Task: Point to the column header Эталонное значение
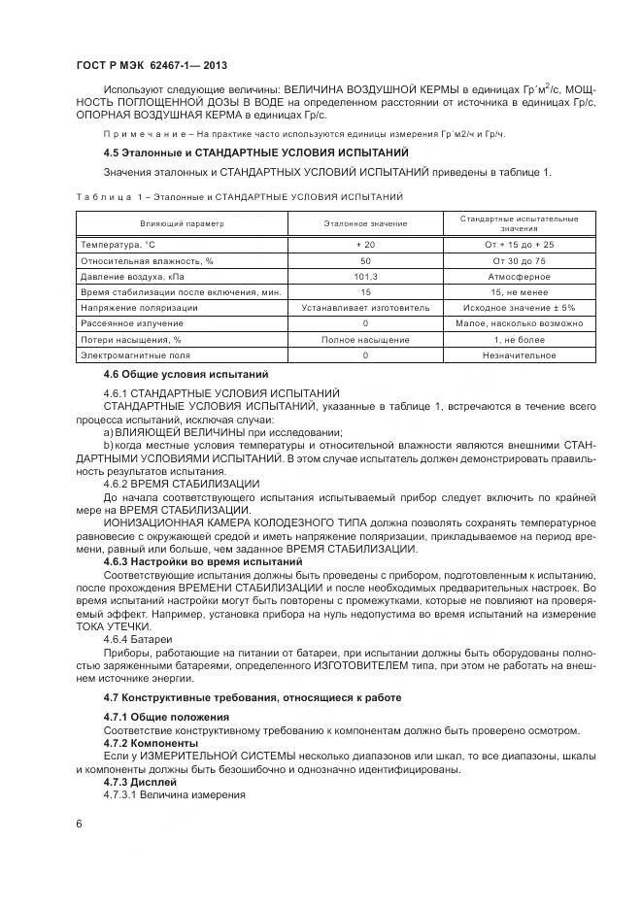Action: [x=365, y=222]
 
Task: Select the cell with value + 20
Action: [x=365, y=245]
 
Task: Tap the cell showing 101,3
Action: [x=365, y=276]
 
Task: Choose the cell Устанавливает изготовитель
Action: [x=365, y=308]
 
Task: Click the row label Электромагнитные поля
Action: [x=131, y=355]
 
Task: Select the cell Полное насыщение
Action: [x=365, y=340]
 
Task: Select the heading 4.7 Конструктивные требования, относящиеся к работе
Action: [x=252, y=698]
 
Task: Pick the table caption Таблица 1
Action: [x=107, y=196]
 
